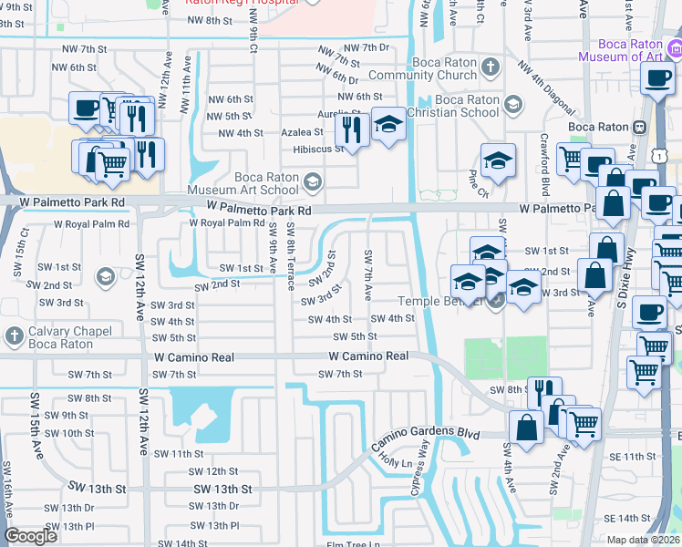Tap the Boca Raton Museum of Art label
(x=638, y=50)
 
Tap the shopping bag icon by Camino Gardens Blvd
(x=527, y=427)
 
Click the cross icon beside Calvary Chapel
(x=13, y=337)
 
